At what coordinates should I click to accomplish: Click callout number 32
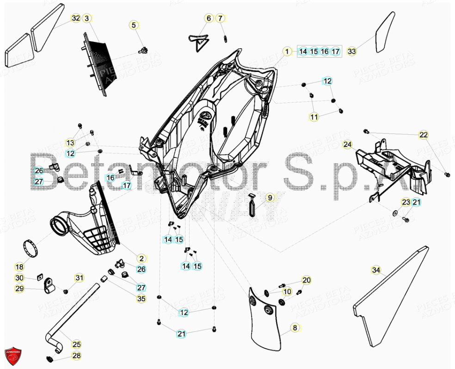point(75,18)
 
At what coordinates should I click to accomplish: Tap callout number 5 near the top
point(134,25)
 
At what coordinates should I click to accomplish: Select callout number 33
point(352,51)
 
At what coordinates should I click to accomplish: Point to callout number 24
point(347,145)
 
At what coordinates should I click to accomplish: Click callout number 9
point(270,197)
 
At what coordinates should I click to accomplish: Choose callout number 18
point(19,267)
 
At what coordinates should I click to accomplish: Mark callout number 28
point(76,356)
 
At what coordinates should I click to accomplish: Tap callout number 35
point(141,299)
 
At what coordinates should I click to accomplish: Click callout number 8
point(295,328)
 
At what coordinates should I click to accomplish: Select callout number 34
point(376,270)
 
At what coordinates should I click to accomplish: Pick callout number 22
point(424,135)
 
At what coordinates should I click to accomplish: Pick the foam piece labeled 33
point(385,32)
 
